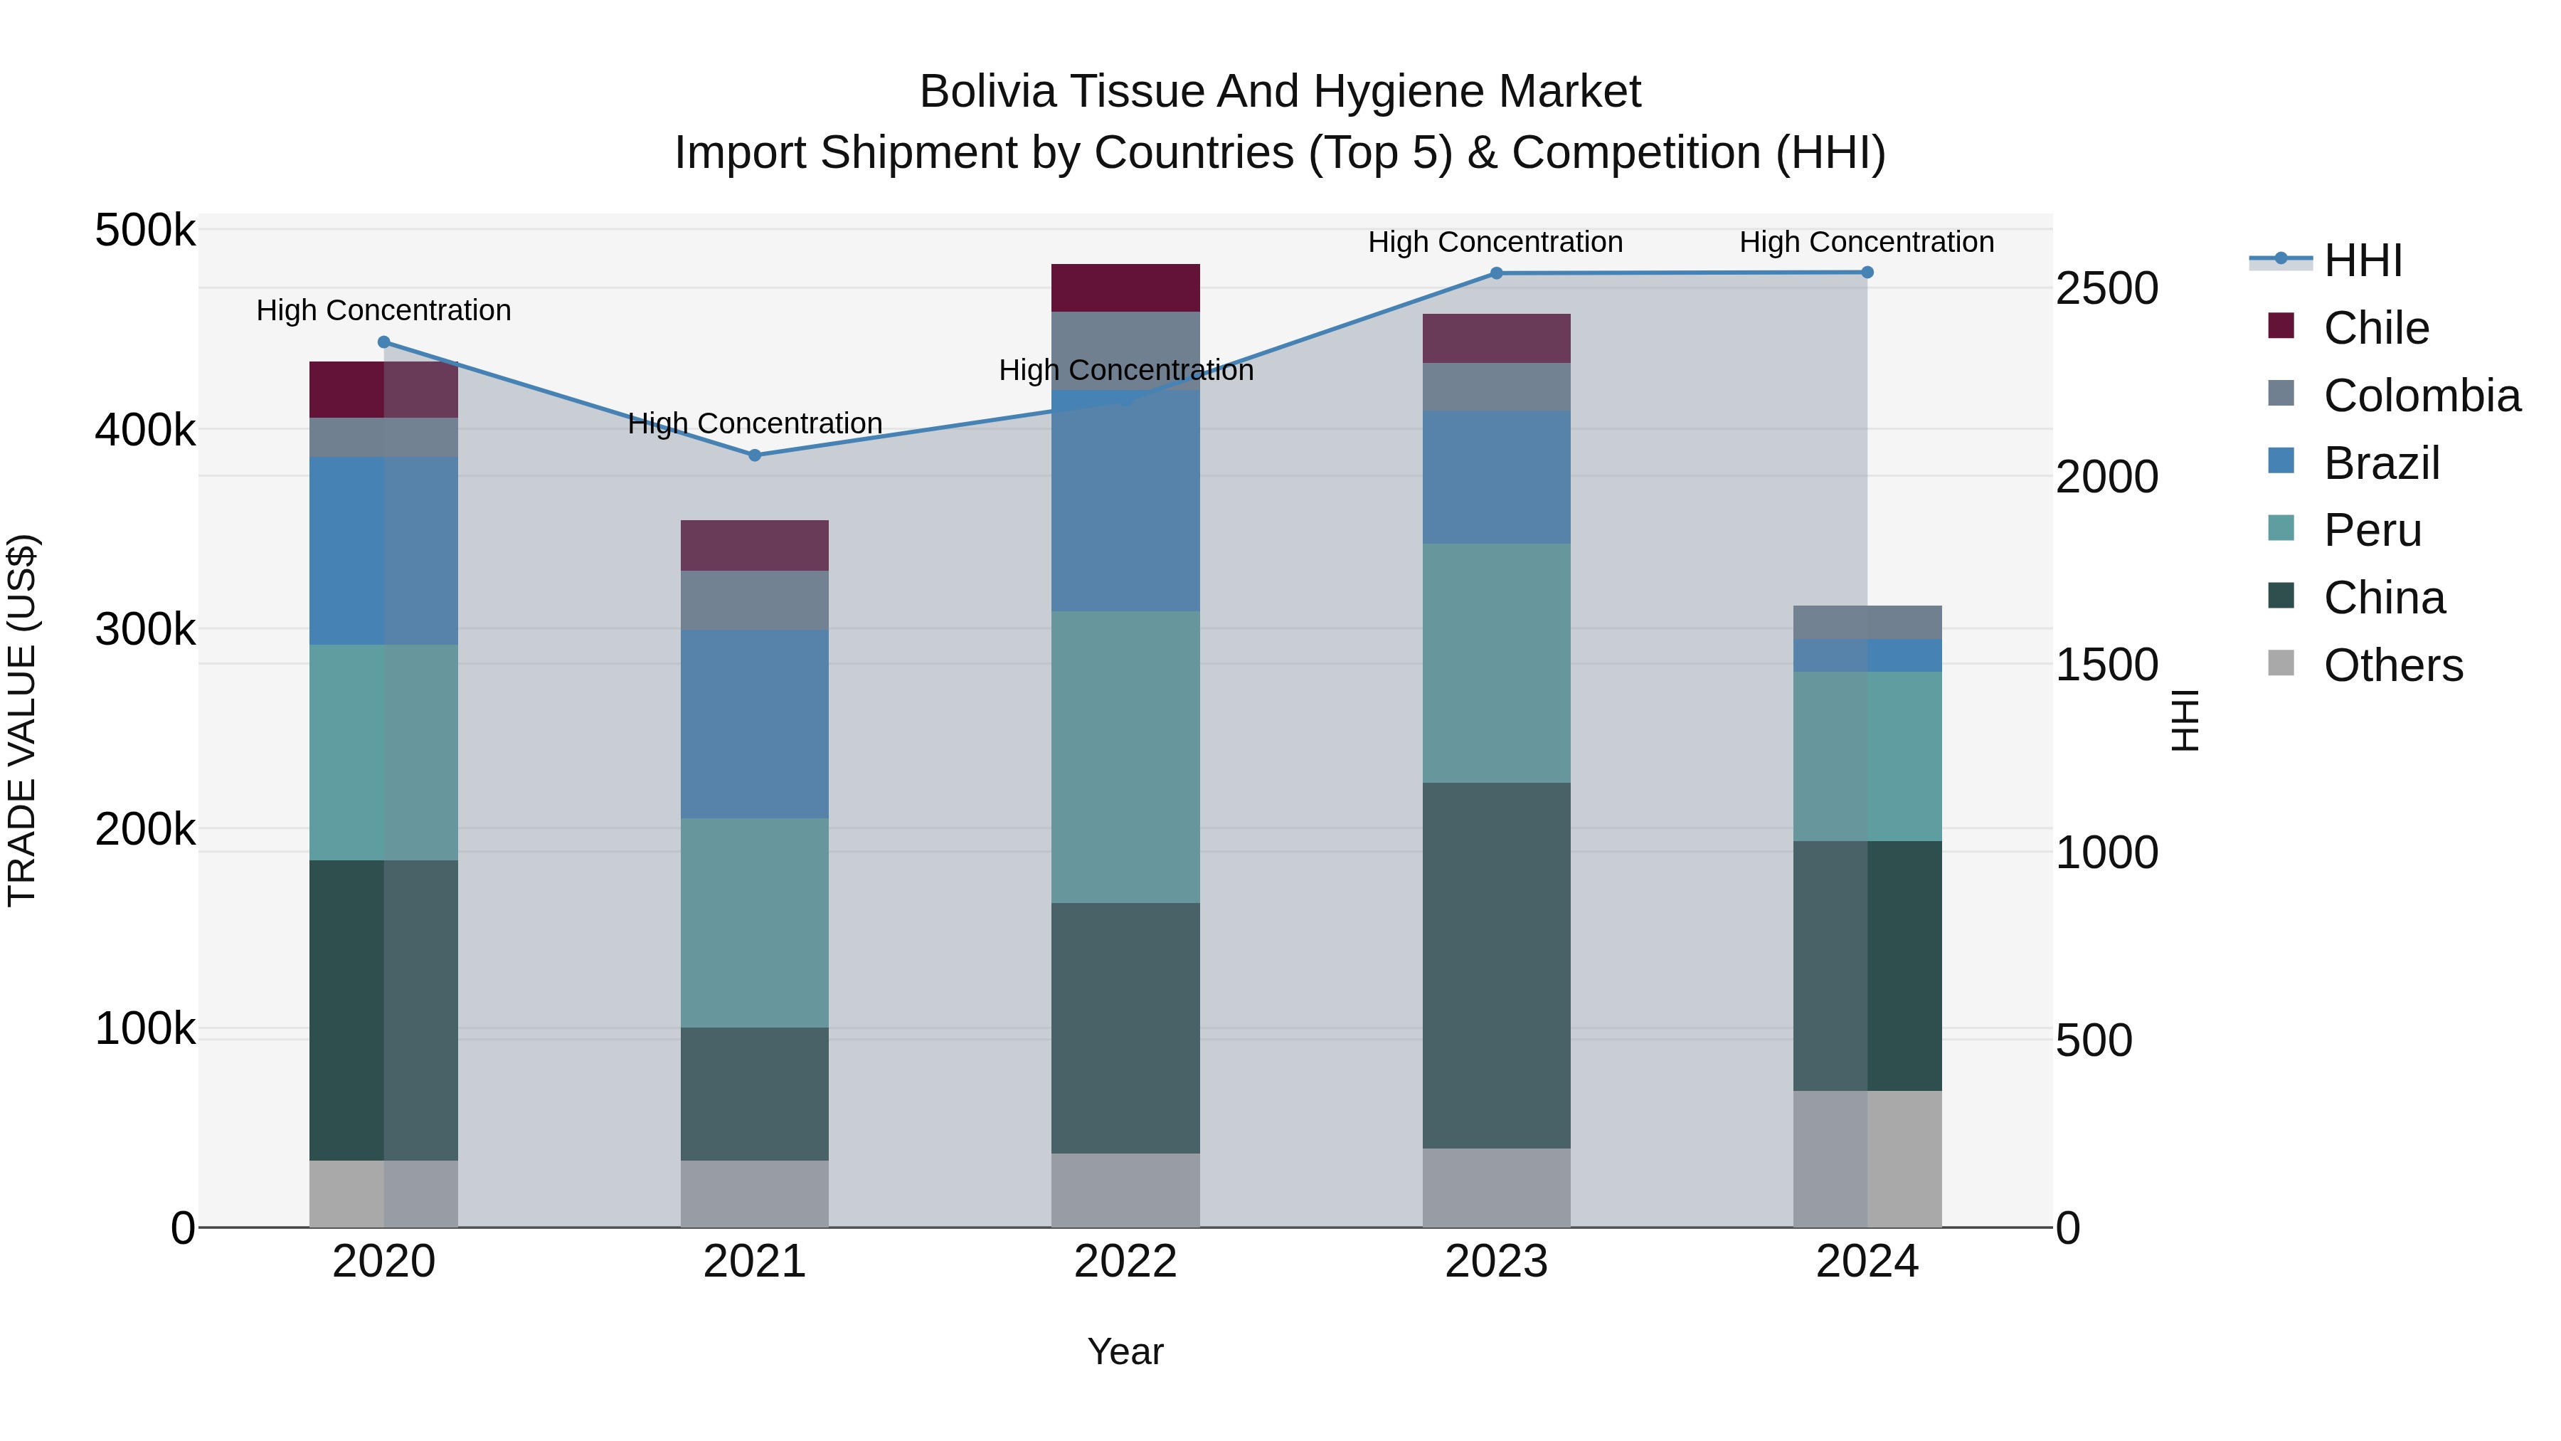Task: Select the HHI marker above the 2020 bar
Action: pyautogui.click(x=383, y=342)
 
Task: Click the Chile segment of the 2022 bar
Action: pyautogui.click(x=1125, y=287)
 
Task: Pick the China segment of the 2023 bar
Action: pyautogui.click(x=1496, y=965)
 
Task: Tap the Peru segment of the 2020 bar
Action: pyautogui.click(x=383, y=752)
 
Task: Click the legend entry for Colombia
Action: pyautogui.click(x=2421, y=396)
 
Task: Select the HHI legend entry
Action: pyautogui.click(x=2362, y=260)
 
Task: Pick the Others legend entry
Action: pyautogui.click(x=2392, y=665)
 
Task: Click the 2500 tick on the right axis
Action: pyautogui.click(x=2106, y=290)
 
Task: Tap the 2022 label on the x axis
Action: pyautogui.click(x=1125, y=1262)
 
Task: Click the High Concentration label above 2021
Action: pyautogui.click(x=755, y=423)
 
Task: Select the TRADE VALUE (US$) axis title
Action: pyautogui.click(x=22, y=720)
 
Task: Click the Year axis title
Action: pyautogui.click(x=1125, y=1351)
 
